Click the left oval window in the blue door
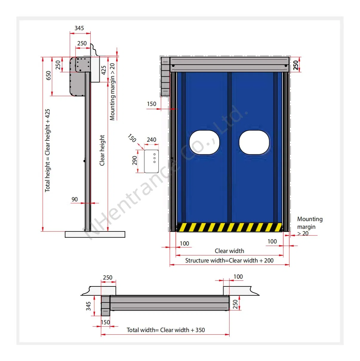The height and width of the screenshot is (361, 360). pyautogui.click(x=204, y=142)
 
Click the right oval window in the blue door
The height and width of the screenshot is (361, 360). pyautogui.click(x=254, y=142)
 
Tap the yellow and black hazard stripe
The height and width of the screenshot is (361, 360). pyautogui.click(x=229, y=227)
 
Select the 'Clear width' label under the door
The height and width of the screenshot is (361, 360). pyautogui.click(x=229, y=251)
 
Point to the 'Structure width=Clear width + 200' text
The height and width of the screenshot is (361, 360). pyautogui.click(x=229, y=260)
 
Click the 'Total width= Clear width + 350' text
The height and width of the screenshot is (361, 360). pyautogui.click(x=166, y=330)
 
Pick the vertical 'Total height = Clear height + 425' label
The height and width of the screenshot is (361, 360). pyautogui.click(x=48, y=150)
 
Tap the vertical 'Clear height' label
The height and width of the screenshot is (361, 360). pyautogui.click(x=102, y=150)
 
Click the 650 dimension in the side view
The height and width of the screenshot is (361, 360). pyautogui.click(x=48, y=75)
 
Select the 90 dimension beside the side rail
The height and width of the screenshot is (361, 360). pyautogui.click(x=75, y=199)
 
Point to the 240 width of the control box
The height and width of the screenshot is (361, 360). pyautogui.click(x=151, y=140)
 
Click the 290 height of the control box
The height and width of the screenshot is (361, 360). pyautogui.click(x=135, y=161)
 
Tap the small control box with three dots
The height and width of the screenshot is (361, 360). pyautogui.click(x=151, y=161)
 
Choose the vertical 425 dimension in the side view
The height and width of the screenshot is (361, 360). pyautogui.click(x=104, y=70)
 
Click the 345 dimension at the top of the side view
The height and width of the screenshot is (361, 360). pyautogui.click(x=79, y=28)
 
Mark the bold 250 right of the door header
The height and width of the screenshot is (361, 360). pyautogui.click(x=296, y=65)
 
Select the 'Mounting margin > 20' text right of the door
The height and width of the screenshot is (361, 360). pyautogui.click(x=309, y=226)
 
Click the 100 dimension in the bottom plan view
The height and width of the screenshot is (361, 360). pyautogui.click(x=238, y=277)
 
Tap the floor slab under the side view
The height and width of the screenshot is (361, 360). pyautogui.click(x=95, y=235)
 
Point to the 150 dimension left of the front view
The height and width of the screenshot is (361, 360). pyautogui.click(x=151, y=104)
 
